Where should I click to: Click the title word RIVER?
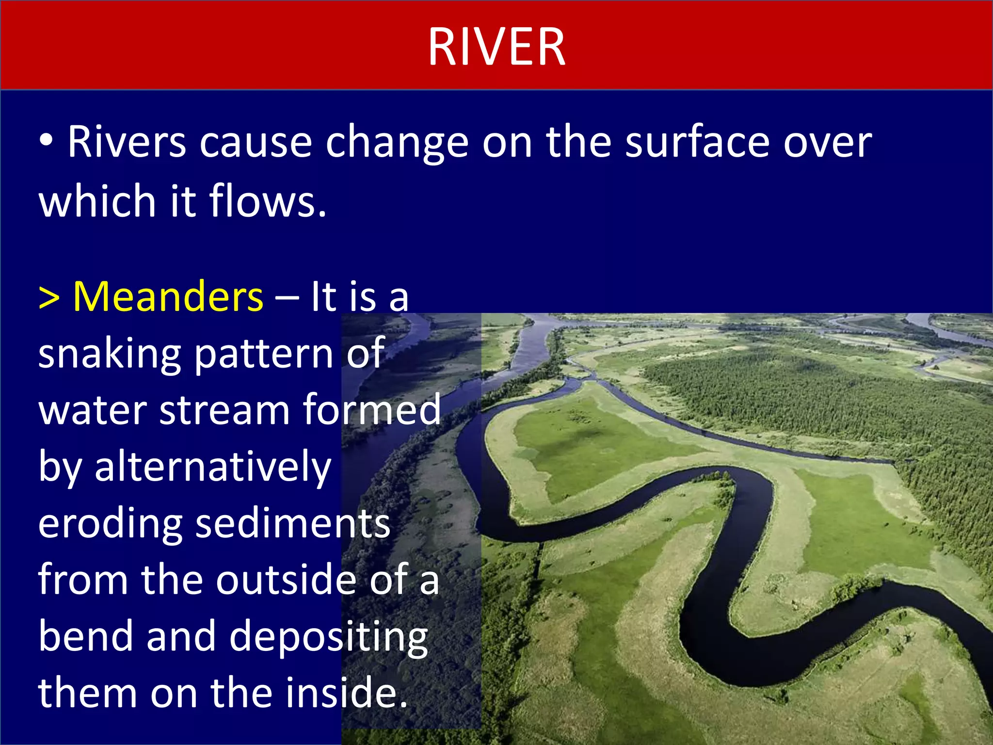click(496, 47)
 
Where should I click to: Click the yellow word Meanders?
click(168, 297)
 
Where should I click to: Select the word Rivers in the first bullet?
click(127, 142)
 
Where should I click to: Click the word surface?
click(697, 142)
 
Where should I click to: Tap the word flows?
click(268, 201)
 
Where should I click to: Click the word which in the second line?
click(96, 201)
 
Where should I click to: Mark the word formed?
click(372, 410)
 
